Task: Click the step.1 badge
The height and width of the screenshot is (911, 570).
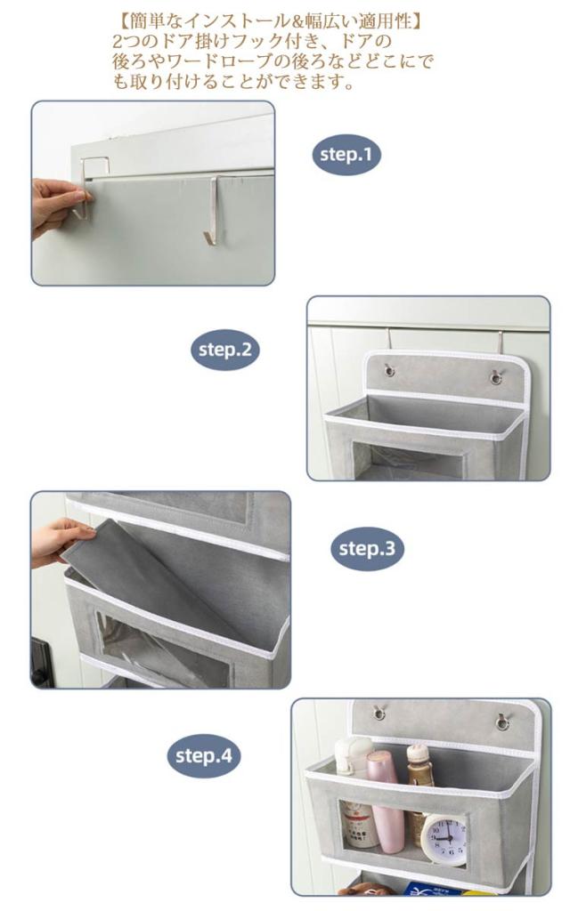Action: click(x=346, y=155)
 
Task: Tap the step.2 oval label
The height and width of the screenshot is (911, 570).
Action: click(x=225, y=350)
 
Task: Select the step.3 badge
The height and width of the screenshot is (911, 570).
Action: click(x=366, y=548)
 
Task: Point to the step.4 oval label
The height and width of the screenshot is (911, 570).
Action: click(x=204, y=756)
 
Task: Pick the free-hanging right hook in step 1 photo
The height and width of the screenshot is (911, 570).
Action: click(x=212, y=209)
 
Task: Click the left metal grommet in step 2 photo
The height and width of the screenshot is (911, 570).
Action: click(x=388, y=369)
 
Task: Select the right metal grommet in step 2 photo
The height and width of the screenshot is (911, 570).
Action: click(x=496, y=377)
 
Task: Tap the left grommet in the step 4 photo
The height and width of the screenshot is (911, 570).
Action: click(x=379, y=713)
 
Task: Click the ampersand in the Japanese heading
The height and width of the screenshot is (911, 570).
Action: click(x=298, y=21)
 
